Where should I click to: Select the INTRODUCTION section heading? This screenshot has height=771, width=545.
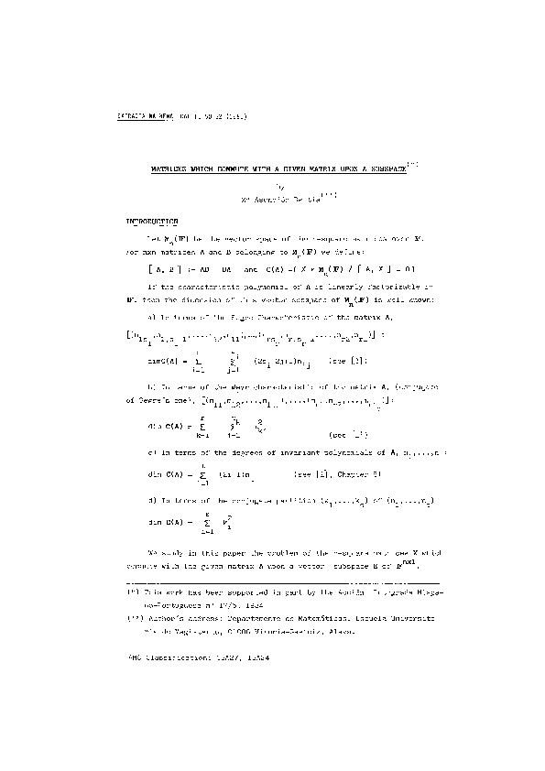(x=153, y=222)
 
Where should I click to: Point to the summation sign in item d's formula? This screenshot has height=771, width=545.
(x=200, y=527)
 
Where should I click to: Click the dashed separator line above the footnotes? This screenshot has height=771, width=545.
(x=283, y=581)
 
